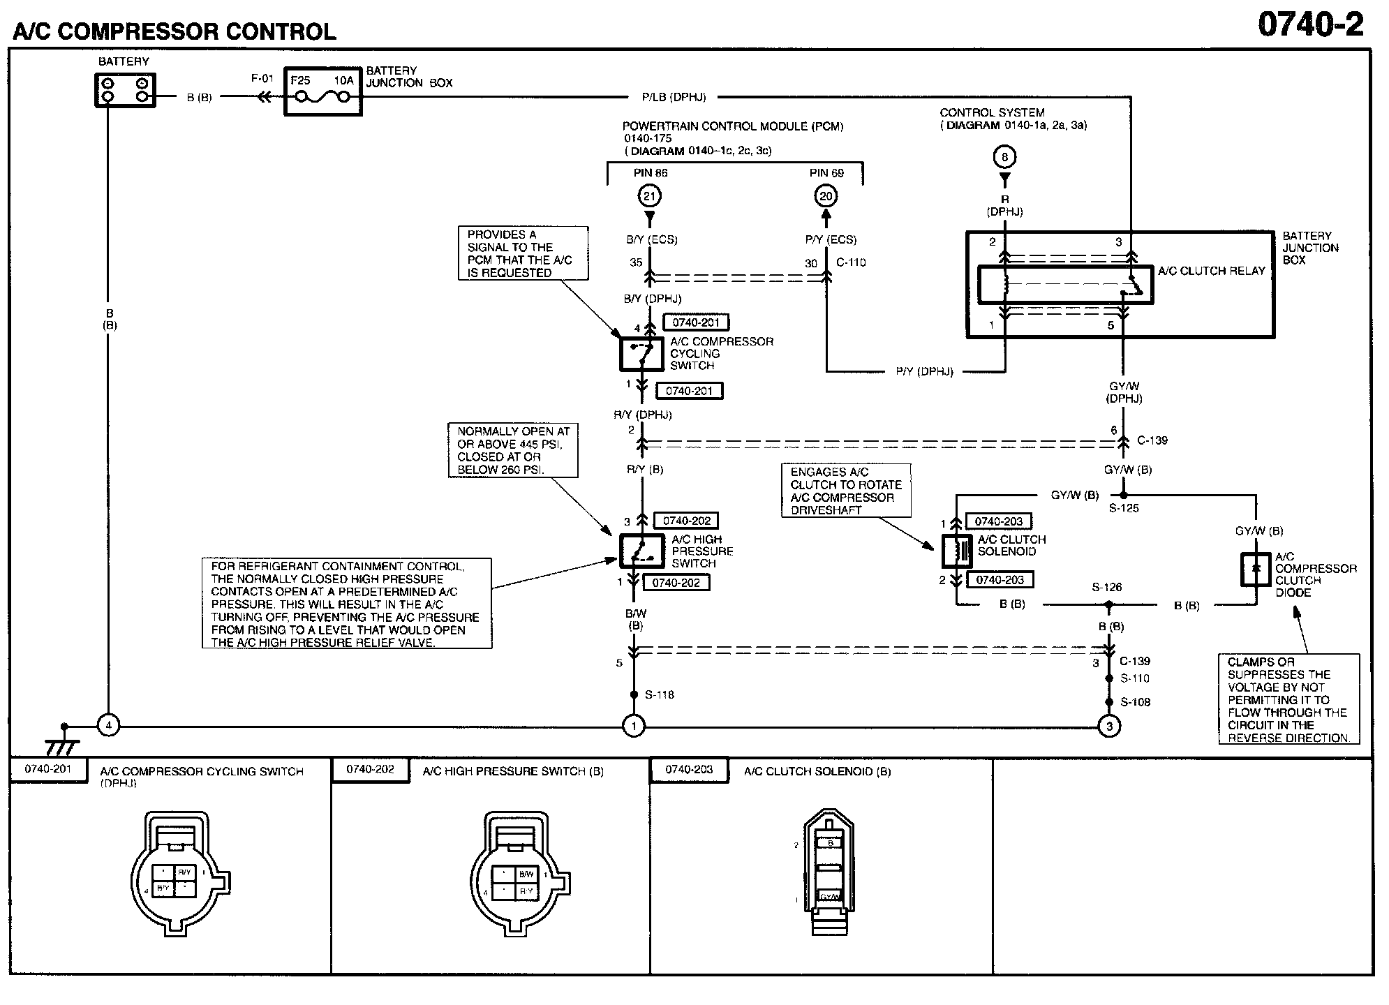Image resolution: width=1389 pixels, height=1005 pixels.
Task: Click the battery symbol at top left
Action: pos(124,89)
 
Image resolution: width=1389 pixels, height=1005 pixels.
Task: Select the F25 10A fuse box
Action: pos(322,91)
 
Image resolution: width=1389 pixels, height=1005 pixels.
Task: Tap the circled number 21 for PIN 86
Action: pos(649,196)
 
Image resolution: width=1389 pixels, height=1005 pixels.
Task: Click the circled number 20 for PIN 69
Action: pos(826,196)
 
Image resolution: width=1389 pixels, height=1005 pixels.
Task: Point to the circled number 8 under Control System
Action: pos(1004,157)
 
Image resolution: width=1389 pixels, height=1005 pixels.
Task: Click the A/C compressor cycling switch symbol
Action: pos(641,354)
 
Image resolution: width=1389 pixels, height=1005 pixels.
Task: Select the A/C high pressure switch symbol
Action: pos(641,551)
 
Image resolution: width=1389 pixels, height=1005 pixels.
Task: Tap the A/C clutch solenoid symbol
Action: pos(956,551)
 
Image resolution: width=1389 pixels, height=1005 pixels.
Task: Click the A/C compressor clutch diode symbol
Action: pos(1256,569)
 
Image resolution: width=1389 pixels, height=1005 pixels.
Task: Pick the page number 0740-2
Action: pos(1310,26)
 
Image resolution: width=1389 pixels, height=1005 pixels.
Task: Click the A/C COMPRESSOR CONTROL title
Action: pos(174,31)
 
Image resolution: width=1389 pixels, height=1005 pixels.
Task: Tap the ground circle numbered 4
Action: pos(108,726)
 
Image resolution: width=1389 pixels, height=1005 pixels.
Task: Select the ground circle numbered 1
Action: pos(633,727)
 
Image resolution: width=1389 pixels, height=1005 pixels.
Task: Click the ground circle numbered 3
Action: pos(1109,727)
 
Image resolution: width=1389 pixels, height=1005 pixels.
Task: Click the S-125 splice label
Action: pos(1124,508)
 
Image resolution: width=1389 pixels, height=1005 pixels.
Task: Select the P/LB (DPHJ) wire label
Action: pos(674,98)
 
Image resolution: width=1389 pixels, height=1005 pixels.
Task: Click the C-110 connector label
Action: pos(850,262)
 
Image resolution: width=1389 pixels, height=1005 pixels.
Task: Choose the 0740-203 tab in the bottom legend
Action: pos(688,769)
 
